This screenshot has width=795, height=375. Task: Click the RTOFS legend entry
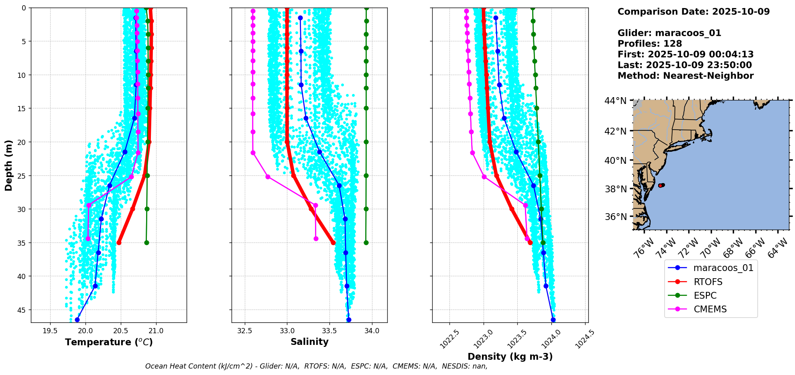pos(708,282)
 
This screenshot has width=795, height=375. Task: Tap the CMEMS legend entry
pos(710,309)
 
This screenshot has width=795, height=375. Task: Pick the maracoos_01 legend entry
pos(723,268)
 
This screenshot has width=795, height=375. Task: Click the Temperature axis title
pos(109,342)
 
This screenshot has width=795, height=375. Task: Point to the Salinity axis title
pos(309,342)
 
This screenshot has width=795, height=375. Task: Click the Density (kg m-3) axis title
pos(510,357)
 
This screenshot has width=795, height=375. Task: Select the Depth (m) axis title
pos(9,165)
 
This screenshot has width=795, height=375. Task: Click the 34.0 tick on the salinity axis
pos(372,331)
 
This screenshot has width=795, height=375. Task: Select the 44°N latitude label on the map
pos(615,101)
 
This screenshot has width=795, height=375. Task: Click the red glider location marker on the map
pos(661,185)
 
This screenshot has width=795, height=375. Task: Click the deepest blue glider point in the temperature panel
pos(77,320)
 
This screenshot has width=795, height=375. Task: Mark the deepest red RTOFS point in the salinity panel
pos(333,243)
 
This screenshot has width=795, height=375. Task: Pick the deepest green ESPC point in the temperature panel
pos(146,243)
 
